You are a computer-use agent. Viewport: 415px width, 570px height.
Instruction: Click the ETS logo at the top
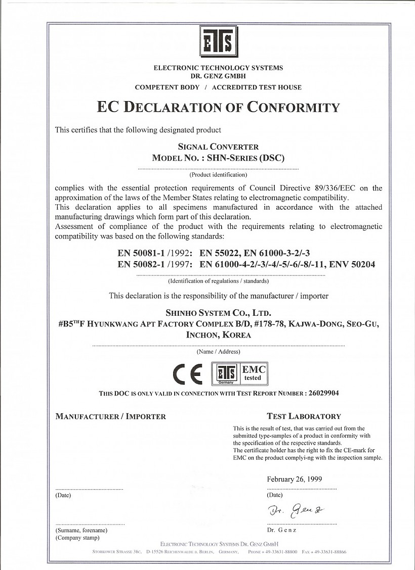click(218, 42)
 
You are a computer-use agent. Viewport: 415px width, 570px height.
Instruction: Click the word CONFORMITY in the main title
click(294, 107)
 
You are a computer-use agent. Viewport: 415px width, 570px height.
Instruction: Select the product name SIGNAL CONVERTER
click(218, 147)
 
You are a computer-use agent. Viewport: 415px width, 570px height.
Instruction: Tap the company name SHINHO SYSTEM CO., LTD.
click(218, 313)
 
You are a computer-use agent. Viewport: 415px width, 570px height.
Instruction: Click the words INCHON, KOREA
click(218, 335)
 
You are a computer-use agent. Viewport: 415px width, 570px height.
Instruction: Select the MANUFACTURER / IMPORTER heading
click(110, 416)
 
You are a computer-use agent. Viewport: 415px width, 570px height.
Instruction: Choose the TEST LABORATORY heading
click(304, 416)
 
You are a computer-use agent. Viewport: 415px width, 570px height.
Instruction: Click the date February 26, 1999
click(294, 479)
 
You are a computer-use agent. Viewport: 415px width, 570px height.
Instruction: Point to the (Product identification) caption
click(218, 175)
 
